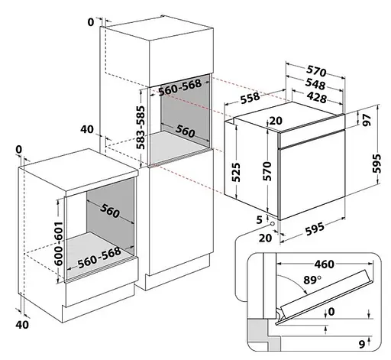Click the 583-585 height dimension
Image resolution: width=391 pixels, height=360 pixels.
[141, 128]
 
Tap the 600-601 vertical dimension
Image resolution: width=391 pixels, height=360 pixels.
[59, 243]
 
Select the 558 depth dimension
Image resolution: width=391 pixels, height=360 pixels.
[250, 98]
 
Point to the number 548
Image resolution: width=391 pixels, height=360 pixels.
[315, 84]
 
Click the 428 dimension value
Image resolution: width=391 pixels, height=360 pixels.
[316, 97]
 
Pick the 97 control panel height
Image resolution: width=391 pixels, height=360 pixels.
[367, 120]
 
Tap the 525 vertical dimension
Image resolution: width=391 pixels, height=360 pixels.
[236, 172]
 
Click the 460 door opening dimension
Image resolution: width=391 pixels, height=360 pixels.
[324, 264]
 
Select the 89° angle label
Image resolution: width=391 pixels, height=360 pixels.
[312, 280]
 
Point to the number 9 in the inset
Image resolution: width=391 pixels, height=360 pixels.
[362, 344]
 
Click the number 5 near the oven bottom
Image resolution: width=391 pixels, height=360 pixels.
[259, 220]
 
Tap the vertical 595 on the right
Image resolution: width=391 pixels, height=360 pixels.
[376, 164]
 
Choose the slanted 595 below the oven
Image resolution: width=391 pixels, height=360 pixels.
[315, 229]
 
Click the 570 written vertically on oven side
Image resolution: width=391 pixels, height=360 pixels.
[267, 171]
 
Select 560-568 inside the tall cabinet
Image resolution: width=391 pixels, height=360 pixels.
[180, 87]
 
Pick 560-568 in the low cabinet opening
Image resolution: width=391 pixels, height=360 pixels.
[99, 258]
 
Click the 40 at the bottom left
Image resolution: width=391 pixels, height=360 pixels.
[22, 325]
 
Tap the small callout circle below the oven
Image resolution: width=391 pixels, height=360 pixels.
[273, 224]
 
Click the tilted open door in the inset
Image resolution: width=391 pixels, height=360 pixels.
[324, 297]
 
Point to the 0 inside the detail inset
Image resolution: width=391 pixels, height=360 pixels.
[331, 311]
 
